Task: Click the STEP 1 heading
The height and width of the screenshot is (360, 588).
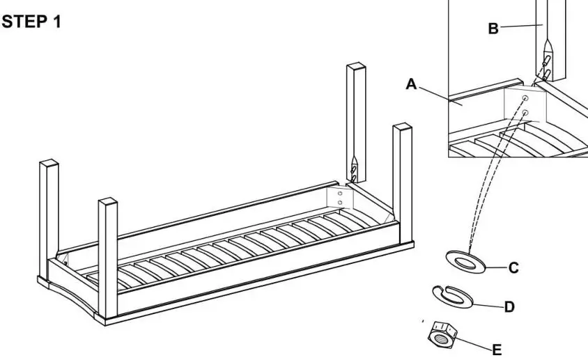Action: pos(32,22)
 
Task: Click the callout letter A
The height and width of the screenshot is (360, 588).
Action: pos(412,84)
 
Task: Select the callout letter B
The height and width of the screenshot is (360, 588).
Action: pos(493,28)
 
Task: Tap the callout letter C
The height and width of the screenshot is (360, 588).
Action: pos(513,267)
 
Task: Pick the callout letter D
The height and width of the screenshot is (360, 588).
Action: pos(509,306)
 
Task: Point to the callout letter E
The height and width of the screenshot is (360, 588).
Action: pos(497,350)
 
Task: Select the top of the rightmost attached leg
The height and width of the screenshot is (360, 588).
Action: pos(402,129)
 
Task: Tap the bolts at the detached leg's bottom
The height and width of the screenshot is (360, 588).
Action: pos(355,169)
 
